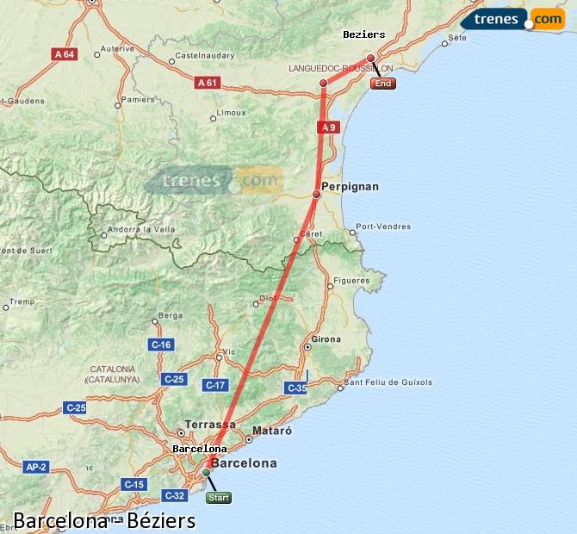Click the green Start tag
pyautogui.click(x=219, y=497)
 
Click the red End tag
pyautogui.click(x=383, y=84)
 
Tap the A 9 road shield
pyautogui.click(x=326, y=127)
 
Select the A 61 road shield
pyautogui.click(x=207, y=83)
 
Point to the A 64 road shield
pyautogui.click(x=65, y=53)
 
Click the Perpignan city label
pyautogui.click(x=350, y=186)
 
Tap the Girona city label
pyautogui.click(x=326, y=339)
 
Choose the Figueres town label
pyautogui.click(x=351, y=281)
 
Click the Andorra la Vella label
pyautogui.click(x=138, y=230)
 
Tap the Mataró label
pyautogui.click(x=272, y=430)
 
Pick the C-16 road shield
pyautogui.click(x=161, y=345)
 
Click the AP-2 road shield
pyautogui.click(x=35, y=467)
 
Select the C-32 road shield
pyautogui.click(x=174, y=495)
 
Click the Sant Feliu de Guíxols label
pyautogui.click(x=388, y=382)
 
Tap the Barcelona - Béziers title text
pyautogui.click(x=104, y=521)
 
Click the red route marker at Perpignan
pyautogui.click(x=316, y=195)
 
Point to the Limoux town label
pyautogui.click(x=232, y=113)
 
